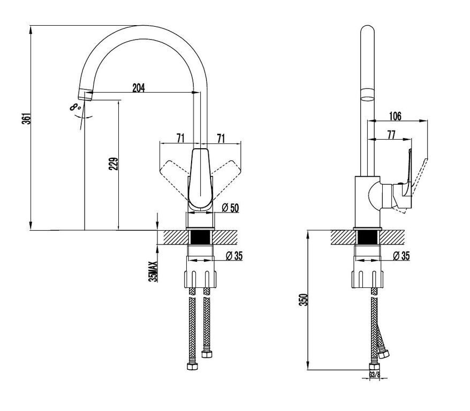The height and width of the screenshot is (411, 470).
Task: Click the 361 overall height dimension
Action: (x=27, y=119)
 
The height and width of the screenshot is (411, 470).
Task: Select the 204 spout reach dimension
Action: (x=139, y=88)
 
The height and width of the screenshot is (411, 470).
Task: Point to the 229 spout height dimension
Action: (x=113, y=164)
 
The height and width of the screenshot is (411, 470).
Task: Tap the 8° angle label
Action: (x=75, y=106)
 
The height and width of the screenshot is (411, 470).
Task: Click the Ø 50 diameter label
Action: (x=231, y=207)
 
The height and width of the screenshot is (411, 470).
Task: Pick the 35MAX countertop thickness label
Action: (x=153, y=271)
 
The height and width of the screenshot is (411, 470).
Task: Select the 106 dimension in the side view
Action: (x=395, y=116)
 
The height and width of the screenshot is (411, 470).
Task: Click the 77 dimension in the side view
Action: (x=391, y=135)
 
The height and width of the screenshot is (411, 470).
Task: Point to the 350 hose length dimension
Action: (x=304, y=300)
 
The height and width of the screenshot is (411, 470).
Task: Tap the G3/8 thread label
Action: (x=374, y=375)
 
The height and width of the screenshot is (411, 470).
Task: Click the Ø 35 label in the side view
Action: (x=401, y=255)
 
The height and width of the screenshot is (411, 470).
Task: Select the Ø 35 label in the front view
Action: (x=234, y=255)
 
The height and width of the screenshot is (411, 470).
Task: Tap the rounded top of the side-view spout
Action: (x=367, y=29)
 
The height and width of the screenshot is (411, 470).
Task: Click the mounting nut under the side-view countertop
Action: (x=367, y=279)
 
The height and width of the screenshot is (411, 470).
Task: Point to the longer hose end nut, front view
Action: (x=192, y=366)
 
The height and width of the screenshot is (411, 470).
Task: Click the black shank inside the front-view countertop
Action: (x=200, y=237)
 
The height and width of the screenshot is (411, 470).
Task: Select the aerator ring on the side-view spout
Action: (x=367, y=94)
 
